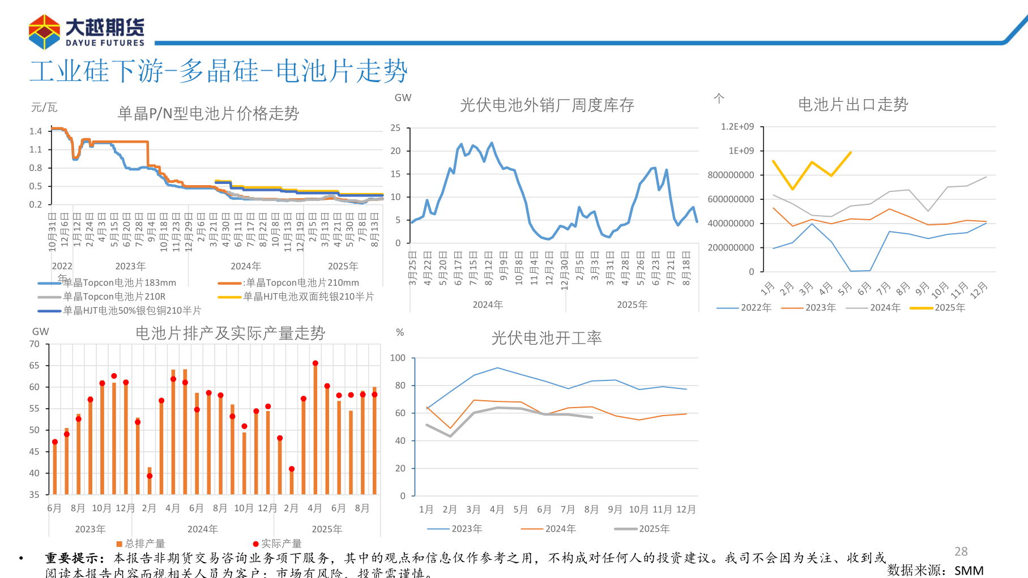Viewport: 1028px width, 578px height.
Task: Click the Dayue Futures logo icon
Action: (x=44, y=32)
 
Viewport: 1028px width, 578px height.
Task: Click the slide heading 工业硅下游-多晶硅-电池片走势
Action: (x=219, y=71)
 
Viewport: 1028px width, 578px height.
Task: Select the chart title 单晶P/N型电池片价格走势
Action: (x=208, y=114)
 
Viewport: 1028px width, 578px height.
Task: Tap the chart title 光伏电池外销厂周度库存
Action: (x=547, y=105)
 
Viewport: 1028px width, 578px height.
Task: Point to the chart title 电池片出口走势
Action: (x=852, y=105)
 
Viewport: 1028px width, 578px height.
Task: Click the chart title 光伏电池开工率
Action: (x=546, y=338)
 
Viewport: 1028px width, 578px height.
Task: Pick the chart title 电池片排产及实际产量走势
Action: (x=230, y=333)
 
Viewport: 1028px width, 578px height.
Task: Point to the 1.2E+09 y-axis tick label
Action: (x=737, y=127)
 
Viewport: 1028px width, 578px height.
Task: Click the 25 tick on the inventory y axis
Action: (x=395, y=128)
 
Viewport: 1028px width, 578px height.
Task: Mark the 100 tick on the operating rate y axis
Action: (x=398, y=358)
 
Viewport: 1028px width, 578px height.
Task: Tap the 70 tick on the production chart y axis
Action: (x=35, y=344)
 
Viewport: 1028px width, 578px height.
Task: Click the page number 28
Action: (x=961, y=551)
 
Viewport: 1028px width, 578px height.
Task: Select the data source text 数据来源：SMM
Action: (x=935, y=570)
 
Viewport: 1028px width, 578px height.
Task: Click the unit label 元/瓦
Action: (x=44, y=108)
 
